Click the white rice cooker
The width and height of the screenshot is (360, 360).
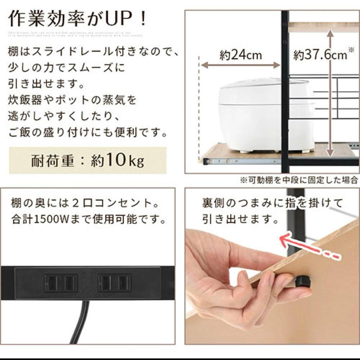[x=265, y=115]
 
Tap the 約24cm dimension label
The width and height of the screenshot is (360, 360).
[x=240, y=55]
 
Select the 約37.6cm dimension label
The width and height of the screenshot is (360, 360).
[x=320, y=55]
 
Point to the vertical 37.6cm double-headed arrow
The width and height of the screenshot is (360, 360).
[x=329, y=93]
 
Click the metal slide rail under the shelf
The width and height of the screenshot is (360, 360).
[x=240, y=162]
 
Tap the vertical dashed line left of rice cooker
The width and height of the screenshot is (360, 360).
[x=199, y=107]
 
